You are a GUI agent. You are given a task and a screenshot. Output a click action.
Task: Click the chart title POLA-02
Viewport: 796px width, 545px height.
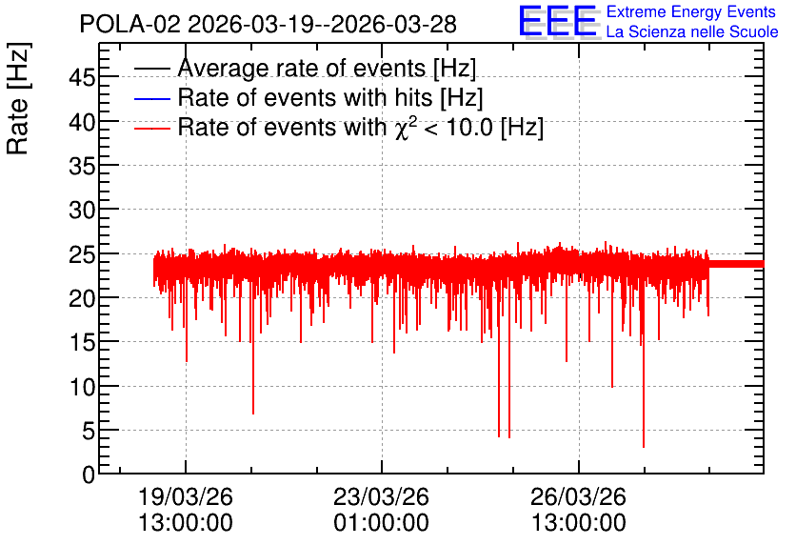129,25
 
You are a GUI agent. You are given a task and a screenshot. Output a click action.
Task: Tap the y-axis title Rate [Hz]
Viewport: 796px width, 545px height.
18,98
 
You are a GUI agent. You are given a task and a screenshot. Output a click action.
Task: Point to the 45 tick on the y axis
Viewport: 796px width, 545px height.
82,78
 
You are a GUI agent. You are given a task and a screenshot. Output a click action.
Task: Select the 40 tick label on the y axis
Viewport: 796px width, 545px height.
82,122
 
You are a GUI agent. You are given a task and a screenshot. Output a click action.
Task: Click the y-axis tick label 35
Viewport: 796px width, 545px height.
82,166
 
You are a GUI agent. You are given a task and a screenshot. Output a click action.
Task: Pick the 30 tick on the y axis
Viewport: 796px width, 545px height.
82,211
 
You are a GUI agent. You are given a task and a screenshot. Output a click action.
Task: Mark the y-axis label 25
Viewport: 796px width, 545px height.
82,255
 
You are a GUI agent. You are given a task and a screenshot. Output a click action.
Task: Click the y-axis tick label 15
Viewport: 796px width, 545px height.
82,343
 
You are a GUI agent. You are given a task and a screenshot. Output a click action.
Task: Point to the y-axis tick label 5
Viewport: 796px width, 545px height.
89,432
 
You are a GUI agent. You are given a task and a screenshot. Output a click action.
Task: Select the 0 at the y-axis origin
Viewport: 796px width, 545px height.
89,475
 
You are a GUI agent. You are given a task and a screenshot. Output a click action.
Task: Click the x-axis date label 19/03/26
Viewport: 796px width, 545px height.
186,496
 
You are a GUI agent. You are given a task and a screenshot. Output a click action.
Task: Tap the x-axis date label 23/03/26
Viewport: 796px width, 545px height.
381,496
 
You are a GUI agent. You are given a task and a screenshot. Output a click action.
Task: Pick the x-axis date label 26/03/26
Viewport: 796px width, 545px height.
578,496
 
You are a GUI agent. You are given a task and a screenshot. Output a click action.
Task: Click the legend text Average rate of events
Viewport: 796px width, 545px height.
302,68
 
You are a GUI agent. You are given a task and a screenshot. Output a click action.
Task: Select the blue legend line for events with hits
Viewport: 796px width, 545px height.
151,98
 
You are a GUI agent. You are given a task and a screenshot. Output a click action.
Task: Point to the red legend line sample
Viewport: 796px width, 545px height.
151,128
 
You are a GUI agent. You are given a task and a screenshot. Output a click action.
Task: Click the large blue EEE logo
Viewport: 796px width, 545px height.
558,22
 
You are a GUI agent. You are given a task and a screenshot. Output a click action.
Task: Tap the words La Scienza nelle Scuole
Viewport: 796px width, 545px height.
692,32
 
